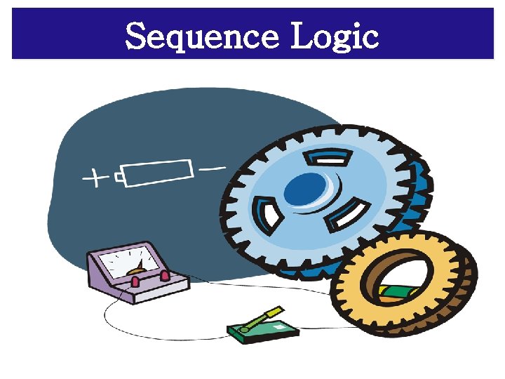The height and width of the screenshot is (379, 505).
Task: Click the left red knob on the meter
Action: (x=135, y=281)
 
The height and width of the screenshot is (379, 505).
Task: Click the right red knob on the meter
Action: (x=165, y=275)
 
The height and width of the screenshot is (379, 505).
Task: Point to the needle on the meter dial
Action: (x=140, y=267)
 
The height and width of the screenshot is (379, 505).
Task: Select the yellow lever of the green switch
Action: (x=262, y=318)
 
